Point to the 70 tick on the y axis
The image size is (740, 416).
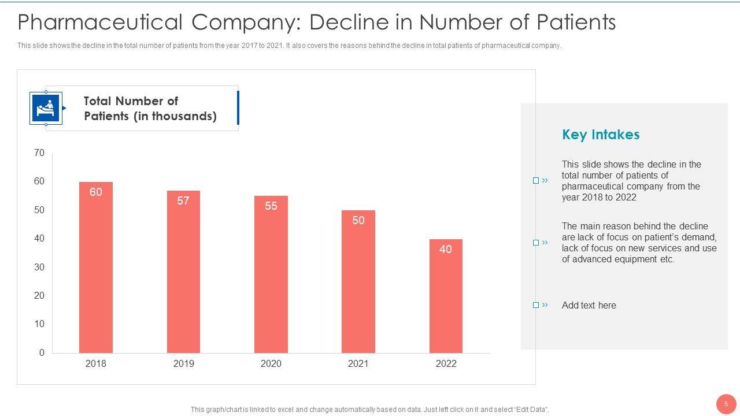click(39, 153)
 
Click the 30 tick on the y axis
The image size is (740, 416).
click(39, 267)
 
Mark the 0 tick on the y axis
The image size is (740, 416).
click(42, 352)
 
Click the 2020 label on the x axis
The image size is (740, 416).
click(271, 364)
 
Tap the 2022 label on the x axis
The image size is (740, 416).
click(446, 364)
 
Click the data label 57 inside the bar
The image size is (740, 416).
click(183, 201)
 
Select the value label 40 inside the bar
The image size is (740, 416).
click(446, 250)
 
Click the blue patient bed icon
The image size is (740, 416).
click(46, 108)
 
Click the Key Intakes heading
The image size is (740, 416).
click(601, 135)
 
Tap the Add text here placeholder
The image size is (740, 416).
click(589, 306)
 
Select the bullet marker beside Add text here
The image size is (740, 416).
click(536, 305)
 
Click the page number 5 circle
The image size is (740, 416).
click(726, 404)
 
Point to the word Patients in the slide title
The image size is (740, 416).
click(576, 23)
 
